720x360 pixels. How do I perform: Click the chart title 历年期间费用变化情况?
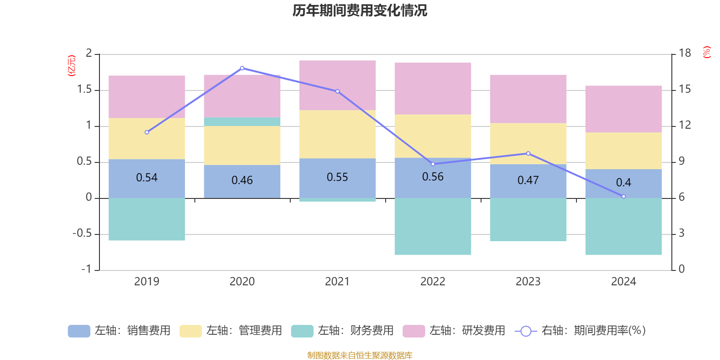pos(360,10)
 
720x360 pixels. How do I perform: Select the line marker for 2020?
pos(242,68)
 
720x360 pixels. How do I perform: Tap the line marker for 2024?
pos(623,197)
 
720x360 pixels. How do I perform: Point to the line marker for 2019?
pos(147,132)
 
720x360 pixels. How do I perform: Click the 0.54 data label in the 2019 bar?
pos(147,178)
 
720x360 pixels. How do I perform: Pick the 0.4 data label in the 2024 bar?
pos(623,183)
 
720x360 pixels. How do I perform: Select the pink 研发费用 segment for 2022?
pos(433,89)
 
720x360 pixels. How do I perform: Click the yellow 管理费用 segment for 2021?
pos(337,134)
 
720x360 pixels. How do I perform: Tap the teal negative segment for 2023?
pos(528,220)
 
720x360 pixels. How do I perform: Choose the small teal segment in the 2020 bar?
pos(242,122)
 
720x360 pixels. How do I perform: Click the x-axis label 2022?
pos(433,282)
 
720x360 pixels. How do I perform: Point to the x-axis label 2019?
pos(147,282)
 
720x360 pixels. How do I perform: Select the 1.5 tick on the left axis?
pos(84,90)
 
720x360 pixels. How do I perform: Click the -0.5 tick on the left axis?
pos(82,234)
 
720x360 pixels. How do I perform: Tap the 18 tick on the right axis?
pos(684,53)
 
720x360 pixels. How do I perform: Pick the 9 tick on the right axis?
pos(681,161)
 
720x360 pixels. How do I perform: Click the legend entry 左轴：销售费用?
pos(119,331)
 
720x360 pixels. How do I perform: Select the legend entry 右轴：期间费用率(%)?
pos(580,331)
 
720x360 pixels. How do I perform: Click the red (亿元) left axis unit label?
pos(71,66)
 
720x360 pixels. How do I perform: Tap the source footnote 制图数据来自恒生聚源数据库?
pos(360,355)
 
